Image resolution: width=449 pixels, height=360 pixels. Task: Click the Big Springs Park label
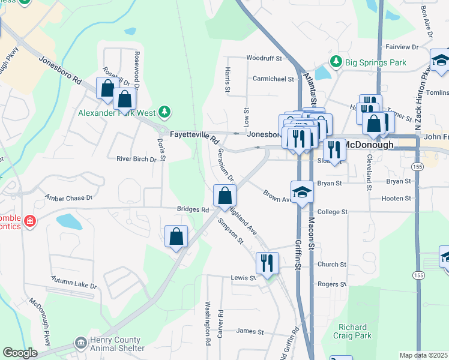(375, 62)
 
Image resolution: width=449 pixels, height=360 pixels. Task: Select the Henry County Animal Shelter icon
(80, 343)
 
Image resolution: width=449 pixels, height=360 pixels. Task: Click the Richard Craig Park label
(352, 331)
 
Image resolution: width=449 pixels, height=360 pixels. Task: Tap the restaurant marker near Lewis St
(267, 263)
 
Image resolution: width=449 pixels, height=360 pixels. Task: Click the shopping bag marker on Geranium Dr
(224, 195)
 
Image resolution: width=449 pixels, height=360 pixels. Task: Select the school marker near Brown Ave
(302, 192)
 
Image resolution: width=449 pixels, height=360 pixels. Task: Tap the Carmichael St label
(273, 78)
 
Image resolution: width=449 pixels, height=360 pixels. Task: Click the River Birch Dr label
(136, 159)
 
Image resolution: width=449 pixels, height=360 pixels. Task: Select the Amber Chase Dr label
(70, 197)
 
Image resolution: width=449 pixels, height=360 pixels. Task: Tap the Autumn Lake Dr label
(74, 280)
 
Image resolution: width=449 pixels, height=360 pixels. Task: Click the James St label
(250, 331)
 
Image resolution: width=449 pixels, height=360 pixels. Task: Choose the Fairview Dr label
(402, 46)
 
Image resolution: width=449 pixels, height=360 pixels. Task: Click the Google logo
(20, 353)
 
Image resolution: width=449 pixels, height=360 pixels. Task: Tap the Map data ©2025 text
(423, 355)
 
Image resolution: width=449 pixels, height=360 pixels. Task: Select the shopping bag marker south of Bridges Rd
(176, 236)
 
